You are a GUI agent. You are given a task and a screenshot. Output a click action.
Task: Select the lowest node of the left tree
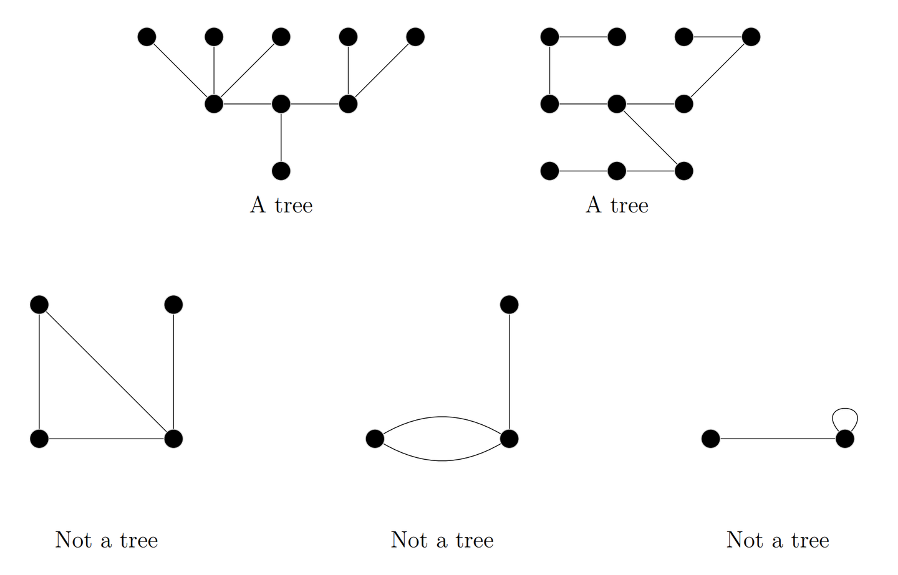tap(281, 171)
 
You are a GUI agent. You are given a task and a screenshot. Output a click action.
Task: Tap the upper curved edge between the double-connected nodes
tap(442, 417)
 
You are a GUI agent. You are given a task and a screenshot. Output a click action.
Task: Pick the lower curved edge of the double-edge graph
tap(442, 460)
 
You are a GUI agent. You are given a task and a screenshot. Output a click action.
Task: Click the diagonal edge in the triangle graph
tap(106, 371)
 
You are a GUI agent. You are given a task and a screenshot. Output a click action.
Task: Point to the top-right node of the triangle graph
tap(173, 305)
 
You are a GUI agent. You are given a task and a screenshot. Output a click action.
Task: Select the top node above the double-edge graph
tap(509, 305)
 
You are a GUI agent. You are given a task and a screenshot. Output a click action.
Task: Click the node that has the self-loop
tap(845, 439)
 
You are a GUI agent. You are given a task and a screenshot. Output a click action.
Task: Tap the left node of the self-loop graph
tap(710, 439)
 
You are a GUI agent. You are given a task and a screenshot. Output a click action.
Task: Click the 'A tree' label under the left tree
tap(281, 205)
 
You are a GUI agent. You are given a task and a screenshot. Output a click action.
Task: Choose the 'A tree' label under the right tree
tap(617, 205)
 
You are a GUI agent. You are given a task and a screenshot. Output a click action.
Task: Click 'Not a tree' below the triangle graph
tap(107, 539)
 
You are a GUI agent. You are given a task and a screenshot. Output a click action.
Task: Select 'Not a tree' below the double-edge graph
tap(442, 539)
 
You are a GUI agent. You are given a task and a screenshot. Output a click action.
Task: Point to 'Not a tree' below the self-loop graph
tap(778, 539)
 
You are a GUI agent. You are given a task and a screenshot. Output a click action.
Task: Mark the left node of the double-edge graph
tap(375, 439)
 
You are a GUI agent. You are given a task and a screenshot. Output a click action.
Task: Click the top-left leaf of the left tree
tap(147, 37)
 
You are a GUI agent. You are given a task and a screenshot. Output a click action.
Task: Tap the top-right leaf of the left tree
tap(415, 37)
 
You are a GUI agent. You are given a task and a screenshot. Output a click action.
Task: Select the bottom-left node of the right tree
tap(549, 171)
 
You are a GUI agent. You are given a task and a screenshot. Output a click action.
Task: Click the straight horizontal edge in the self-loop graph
tap(778, 439)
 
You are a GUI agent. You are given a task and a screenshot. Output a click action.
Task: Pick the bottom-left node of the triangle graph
tap(39, 439)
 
